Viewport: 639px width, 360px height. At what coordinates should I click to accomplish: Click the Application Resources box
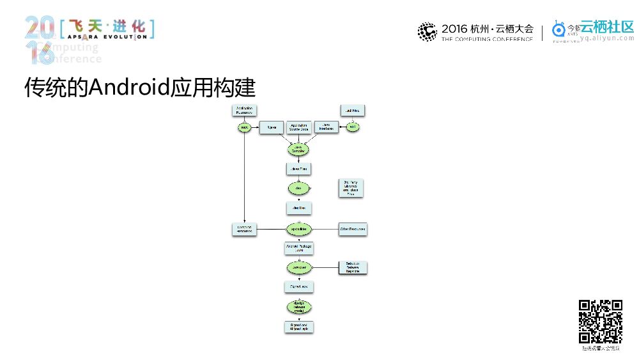pos(244,110)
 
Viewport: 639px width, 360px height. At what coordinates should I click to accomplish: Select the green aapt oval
pos(244,128)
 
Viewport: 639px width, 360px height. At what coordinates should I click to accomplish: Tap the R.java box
pos(271,128)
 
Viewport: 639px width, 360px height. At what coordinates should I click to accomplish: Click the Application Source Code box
pos(298,128)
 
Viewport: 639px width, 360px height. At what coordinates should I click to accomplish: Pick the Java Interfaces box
pos(325,128)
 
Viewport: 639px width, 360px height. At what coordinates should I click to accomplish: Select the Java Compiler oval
pos(298,149)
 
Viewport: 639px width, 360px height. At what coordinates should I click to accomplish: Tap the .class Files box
pos(298,169)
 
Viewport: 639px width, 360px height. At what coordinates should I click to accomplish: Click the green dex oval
pos(298,189)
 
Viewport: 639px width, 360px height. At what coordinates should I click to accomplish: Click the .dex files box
pos(298,208)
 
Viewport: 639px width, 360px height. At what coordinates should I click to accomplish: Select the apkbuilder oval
pos(298,229)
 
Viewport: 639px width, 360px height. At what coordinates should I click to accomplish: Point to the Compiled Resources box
pos(244,229)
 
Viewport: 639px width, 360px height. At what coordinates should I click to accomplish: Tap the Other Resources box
pos(352,229)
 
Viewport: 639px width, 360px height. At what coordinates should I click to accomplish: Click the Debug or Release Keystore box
pos(352,269)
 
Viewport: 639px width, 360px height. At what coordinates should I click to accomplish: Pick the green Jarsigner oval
pos(298,267)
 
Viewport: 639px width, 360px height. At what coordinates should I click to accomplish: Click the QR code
pos(600,322)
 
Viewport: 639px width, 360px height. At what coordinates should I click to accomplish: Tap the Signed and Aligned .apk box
pos(298,326)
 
